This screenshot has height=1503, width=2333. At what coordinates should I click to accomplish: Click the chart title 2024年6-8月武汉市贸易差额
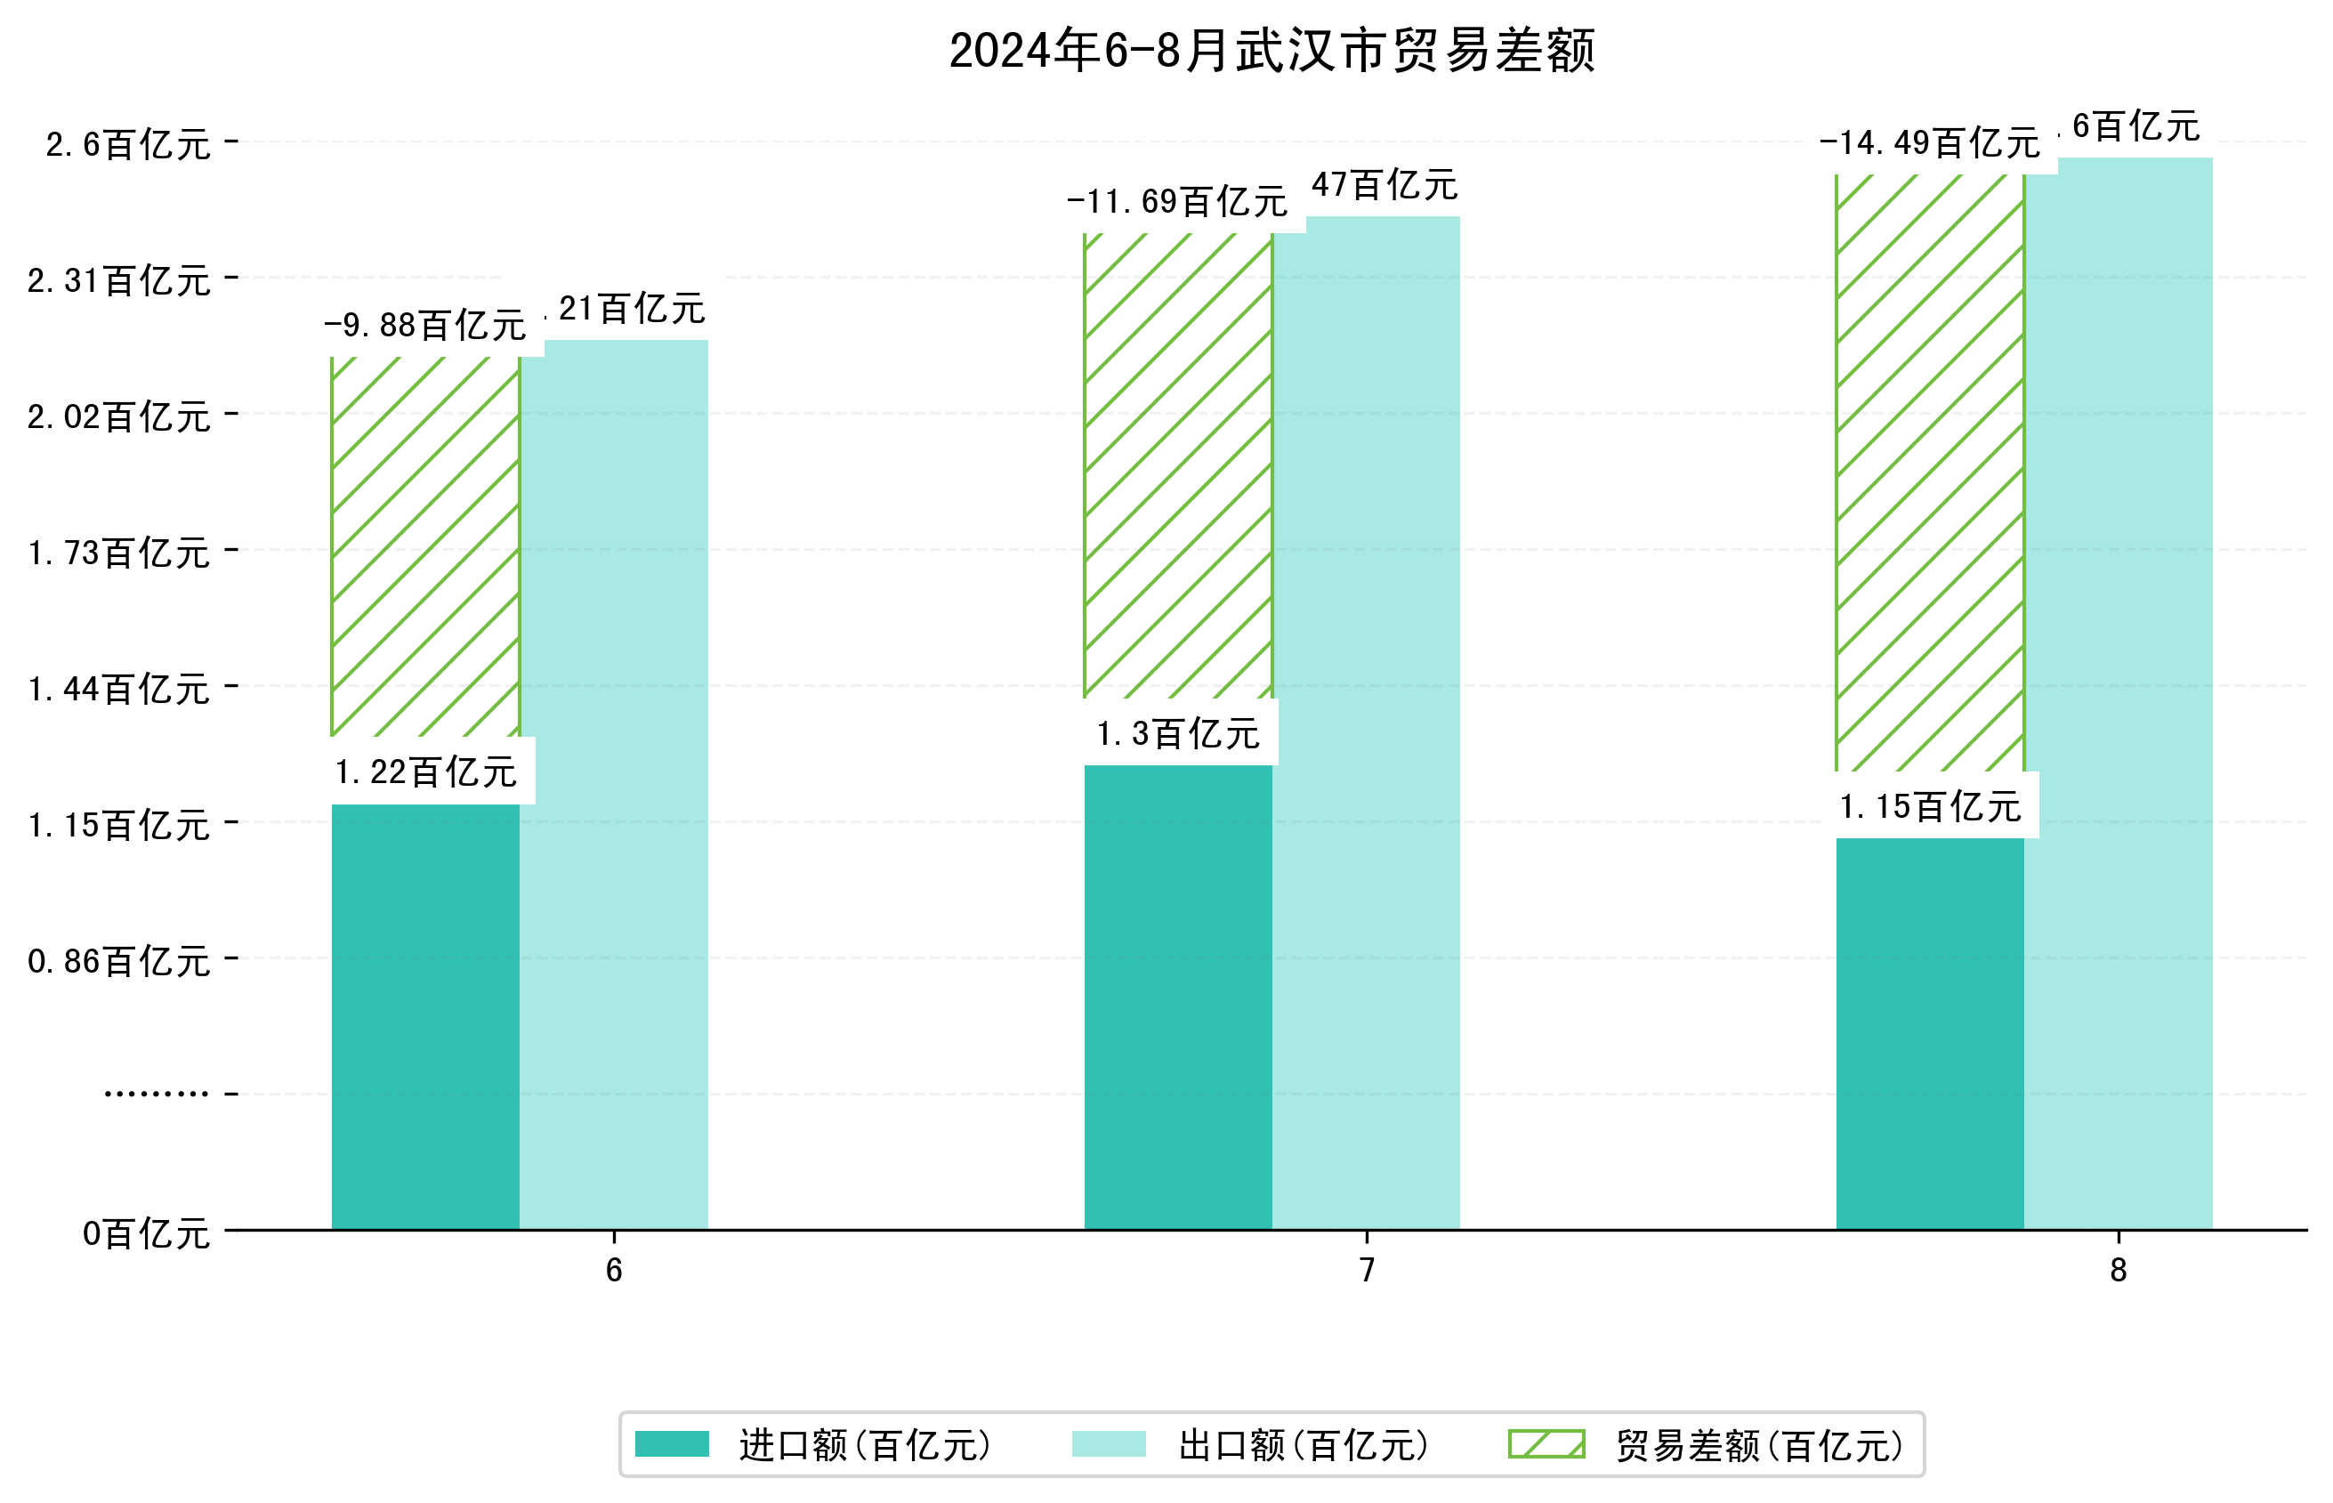pos(1271,51)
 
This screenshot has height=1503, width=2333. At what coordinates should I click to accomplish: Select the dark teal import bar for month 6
pos(425,1015)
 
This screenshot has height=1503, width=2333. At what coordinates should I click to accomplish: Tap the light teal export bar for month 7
pos(1366,723)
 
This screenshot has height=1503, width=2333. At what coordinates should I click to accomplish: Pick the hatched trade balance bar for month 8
pos(1929,473)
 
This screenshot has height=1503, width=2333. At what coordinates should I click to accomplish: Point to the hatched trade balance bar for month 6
pos(425,546)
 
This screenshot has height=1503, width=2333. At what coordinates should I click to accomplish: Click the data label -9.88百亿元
pos(425,325)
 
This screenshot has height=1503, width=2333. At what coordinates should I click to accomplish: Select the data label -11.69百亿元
pos(1177,202)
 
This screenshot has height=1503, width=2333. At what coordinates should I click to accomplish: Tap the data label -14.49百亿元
pos(1929,143)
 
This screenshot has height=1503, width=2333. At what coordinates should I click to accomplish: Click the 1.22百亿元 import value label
pos(425,772)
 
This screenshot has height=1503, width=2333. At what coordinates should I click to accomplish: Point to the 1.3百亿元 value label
pos(1178,734)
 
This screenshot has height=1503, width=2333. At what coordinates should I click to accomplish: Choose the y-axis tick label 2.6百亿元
pos(128,144)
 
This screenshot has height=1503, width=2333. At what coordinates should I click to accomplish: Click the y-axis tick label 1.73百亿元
pos(119,554)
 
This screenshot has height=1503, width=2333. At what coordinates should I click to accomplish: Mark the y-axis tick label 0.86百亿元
pos(119,961)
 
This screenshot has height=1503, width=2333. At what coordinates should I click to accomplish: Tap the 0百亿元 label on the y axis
pos(146,1233)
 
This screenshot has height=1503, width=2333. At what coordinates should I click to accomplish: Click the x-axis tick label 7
pos(1367,1270)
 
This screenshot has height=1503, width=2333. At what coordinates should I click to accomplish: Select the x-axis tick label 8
pos(2119,1270)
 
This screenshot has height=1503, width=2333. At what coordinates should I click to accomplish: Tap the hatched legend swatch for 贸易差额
pos(1546,1444)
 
